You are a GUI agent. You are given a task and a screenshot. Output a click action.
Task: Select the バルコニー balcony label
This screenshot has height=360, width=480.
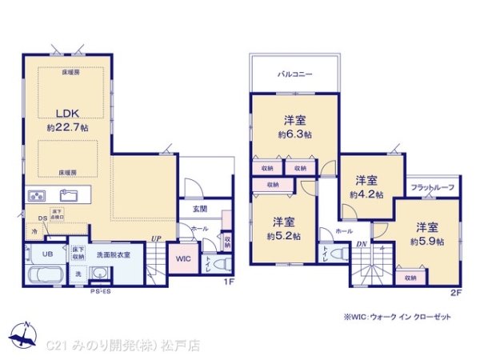click(x=294, y=74)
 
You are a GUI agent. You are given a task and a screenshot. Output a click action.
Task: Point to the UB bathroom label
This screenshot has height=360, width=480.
click(x=46, y=254)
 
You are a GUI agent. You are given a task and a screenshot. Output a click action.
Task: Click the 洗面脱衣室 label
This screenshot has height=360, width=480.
click(x=114, y=254)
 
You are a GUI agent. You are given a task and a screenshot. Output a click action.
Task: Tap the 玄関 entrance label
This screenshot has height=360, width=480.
click(x=199, y=209)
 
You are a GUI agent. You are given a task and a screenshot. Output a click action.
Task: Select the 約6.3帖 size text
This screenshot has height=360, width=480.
click(x=294, y=134)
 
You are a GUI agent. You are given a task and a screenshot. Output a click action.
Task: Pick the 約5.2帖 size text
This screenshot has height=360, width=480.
click(x=283, y=236)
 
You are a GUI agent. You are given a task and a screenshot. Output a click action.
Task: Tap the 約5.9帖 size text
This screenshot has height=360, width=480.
click(x=426, y=240)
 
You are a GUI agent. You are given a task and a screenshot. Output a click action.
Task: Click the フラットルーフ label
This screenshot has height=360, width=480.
click(x=432, y=187)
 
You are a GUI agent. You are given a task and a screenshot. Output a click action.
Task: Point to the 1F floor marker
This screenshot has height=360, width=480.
click(x=228, y=282)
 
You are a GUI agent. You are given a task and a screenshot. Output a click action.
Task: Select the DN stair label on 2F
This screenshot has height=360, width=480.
click(x=361, y=244)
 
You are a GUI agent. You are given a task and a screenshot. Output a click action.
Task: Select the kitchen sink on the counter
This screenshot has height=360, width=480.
click(x=68, y=195)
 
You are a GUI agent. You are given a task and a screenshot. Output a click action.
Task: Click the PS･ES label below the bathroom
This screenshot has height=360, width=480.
click(x=100, y=292)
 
